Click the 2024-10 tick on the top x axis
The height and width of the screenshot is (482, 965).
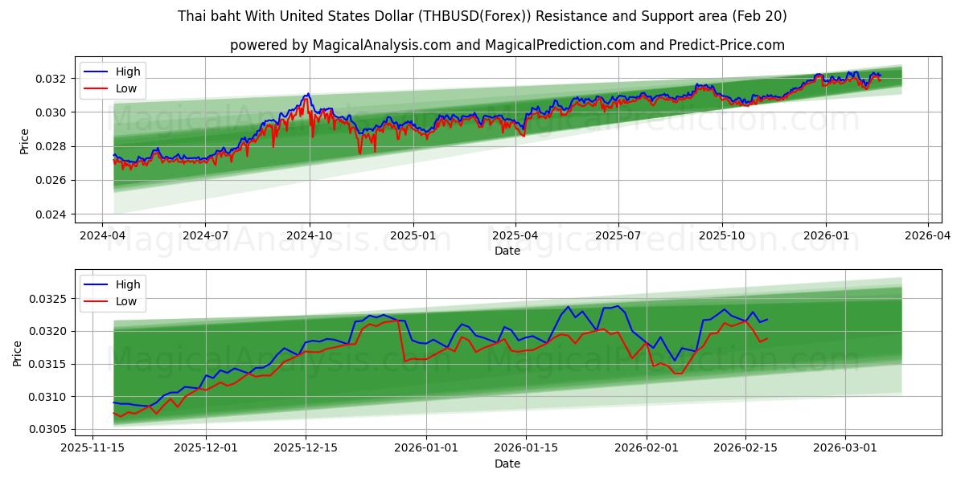(310, 236)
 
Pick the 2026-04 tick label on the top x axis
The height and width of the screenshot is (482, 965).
(928, 236)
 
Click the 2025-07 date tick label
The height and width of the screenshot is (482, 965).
(618, 236)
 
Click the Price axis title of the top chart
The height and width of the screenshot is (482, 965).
(23, 141)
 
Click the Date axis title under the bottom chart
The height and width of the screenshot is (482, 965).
(507, 464)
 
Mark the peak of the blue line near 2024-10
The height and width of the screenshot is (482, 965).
(307, 94)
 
